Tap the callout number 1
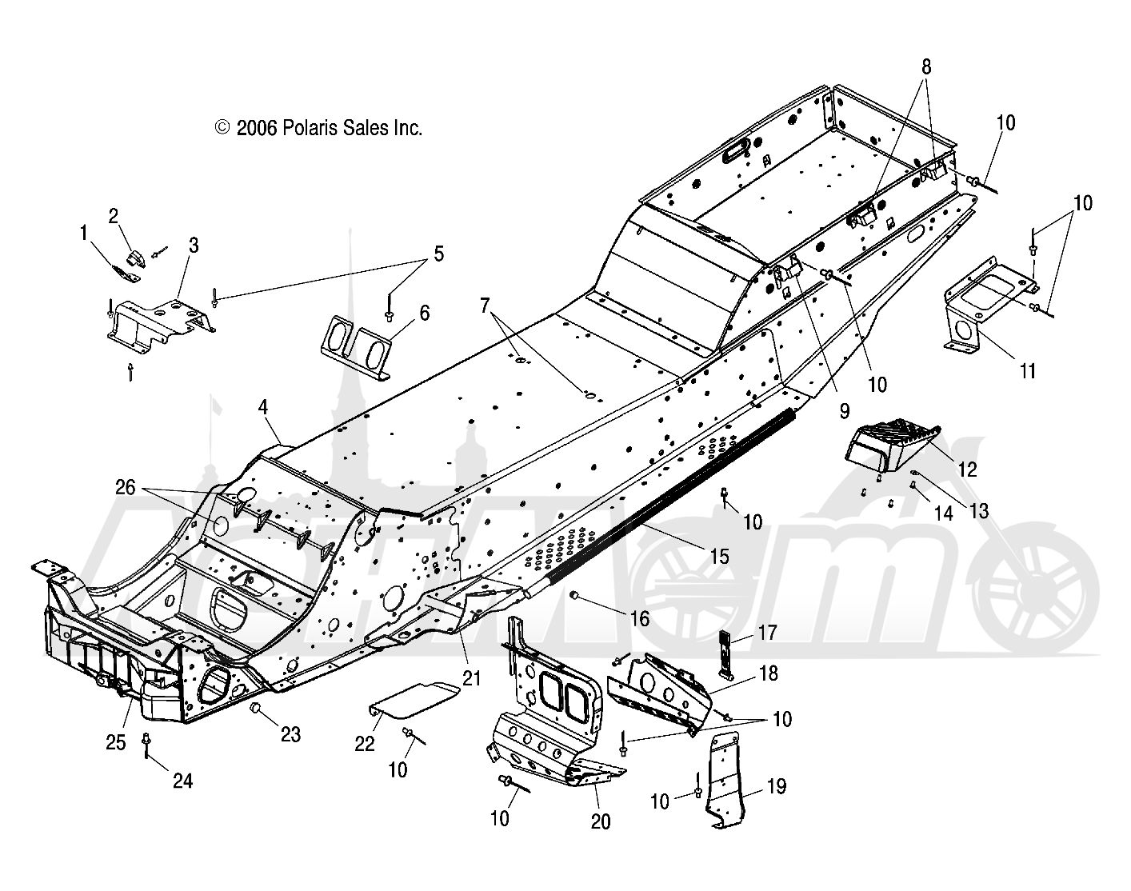[x=83, y=234]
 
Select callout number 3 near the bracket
[x=194, y=246]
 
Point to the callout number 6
[x=424, y=314]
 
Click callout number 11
[x=1027, y=371]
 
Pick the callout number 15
[x=720, y=556]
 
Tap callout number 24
[x=182, y=781]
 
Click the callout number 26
[x=126, y=487]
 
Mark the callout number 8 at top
[x=926, y=67]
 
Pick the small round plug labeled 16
[x=574, y=594]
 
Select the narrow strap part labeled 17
[x=725, y=656]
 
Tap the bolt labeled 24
[x=146, y=745]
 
